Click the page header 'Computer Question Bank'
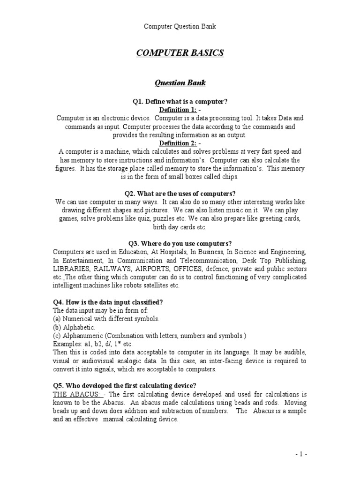coord(180,26)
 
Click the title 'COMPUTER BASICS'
coord(180,53)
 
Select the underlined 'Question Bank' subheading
coord(180,83)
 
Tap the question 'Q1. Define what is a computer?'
coord(180,102)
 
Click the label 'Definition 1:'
coord(177,110)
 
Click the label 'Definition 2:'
coord(177,143)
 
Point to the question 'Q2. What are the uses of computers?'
coord(180,193)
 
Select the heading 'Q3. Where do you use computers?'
coord(180,243)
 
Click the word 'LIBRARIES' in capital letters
coord(72,269)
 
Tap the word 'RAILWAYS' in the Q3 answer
coord(113,269)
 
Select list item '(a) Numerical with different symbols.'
coord(106,319)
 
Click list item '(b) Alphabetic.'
coord(74,327)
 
